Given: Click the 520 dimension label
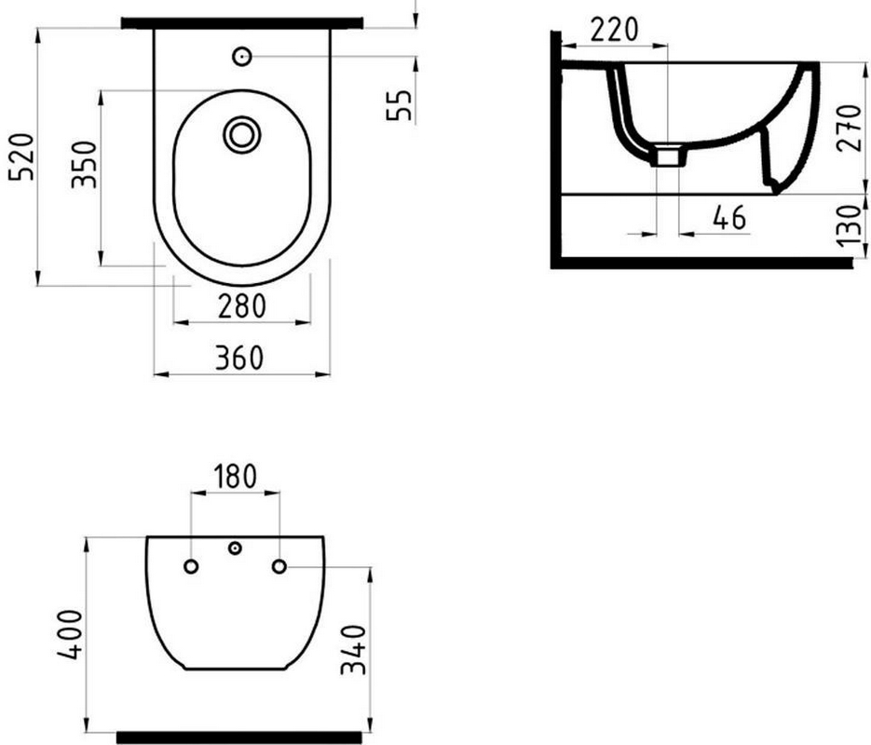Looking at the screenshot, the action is pos(21,156).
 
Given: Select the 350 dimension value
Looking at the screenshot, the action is pos(84,164).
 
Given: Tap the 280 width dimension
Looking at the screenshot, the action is pos(241,305).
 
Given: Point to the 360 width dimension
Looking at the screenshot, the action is pos(239,358).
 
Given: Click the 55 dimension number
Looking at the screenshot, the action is pos(399,105).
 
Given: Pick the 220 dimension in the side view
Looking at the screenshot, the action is pos(614,30).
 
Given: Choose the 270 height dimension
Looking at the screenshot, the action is pos(850,128).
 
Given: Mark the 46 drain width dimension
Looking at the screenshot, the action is pos(729,218).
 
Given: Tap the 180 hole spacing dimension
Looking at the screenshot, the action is pos(235,477).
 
